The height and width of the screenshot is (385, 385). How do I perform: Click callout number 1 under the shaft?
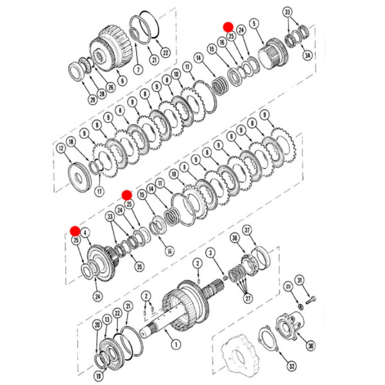point(175,344)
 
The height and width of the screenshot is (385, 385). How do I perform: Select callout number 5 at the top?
point(254,24)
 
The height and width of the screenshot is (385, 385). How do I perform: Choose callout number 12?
point(60,148)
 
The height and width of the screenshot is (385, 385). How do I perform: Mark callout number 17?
point(99,191)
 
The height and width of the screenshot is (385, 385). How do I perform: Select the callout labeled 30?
point(311,345)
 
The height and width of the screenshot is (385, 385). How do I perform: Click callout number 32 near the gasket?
point(291,366)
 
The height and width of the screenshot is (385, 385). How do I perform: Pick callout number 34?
point(307,56)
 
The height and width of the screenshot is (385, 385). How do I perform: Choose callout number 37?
point(248,230)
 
